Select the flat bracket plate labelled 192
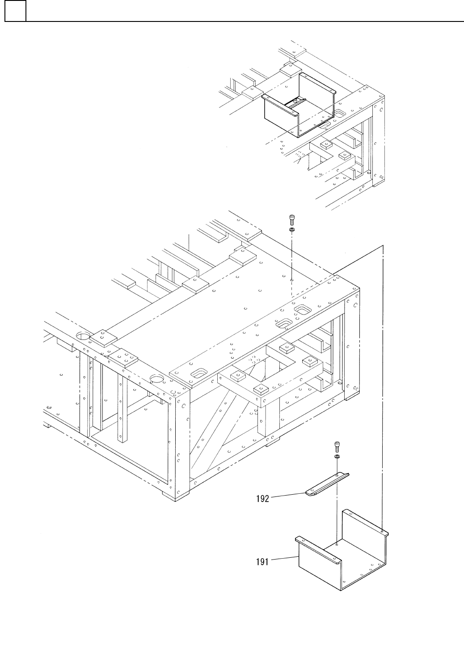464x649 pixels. (327, 484)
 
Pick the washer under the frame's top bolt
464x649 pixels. (291, 229)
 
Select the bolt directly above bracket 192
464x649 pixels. (337, 446)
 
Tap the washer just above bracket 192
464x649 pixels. (337, 456)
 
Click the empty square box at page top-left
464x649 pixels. (15, 11)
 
